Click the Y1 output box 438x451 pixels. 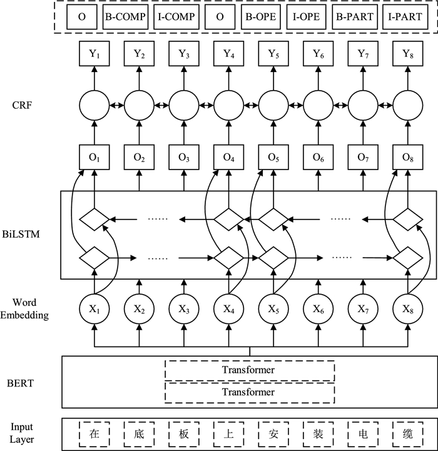(x=94, y=55)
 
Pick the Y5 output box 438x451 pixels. (x=273, y=55)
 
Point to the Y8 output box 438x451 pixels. (x=406, y=55)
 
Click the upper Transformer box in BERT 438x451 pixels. (x=249, y=370)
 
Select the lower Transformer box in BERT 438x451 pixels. (x=249, y=392)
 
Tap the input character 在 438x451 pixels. (x=94, y=433)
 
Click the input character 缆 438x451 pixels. (x=406, y=433)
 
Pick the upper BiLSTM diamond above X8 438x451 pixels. (x=406, y=219)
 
